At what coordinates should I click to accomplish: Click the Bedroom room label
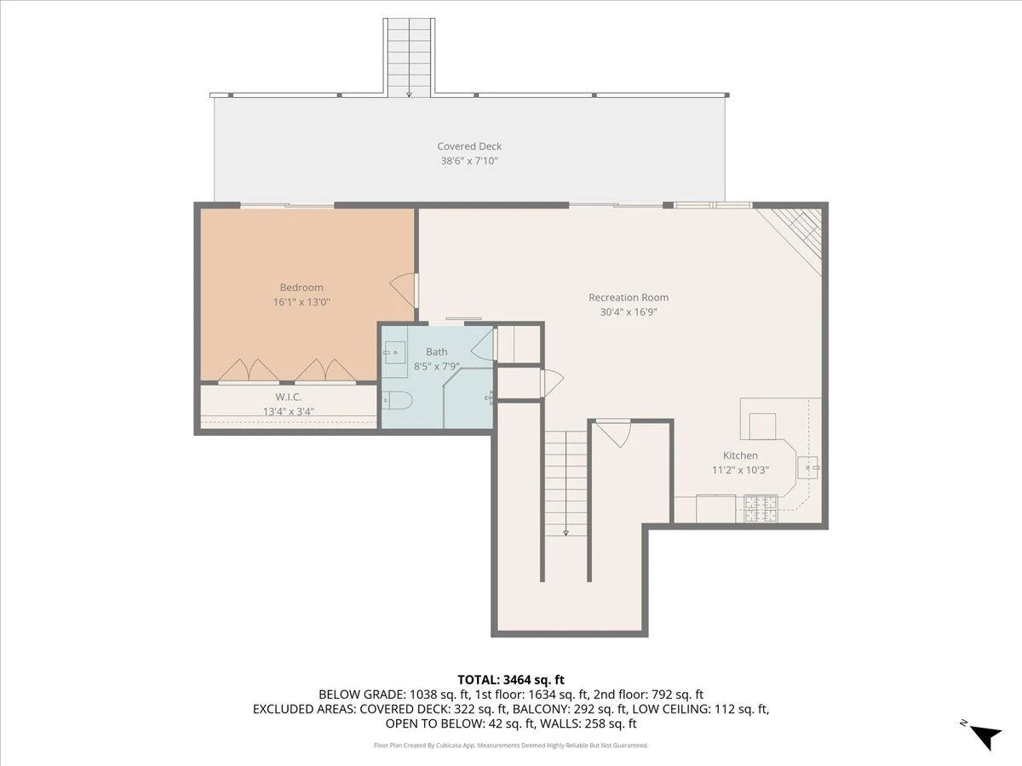301,288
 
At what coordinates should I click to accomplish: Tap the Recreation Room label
628,297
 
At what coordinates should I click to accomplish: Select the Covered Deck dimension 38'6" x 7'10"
469,161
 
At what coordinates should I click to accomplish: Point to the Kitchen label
740,455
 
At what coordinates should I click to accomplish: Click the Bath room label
436,352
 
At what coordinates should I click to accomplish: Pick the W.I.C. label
288,397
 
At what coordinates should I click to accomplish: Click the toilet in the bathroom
397,399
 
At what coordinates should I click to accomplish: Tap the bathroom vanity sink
394,352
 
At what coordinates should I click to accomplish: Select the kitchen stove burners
761,509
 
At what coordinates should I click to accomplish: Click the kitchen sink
809,467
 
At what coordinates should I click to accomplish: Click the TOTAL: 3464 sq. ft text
511,679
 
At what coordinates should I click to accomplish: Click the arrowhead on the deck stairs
409,94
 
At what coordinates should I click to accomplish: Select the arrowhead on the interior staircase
566,533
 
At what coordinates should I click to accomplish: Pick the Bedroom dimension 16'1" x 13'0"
301,302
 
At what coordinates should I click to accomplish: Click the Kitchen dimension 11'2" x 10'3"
740,470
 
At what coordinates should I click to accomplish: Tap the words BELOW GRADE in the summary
361,695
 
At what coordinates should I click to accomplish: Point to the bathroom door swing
482,343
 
